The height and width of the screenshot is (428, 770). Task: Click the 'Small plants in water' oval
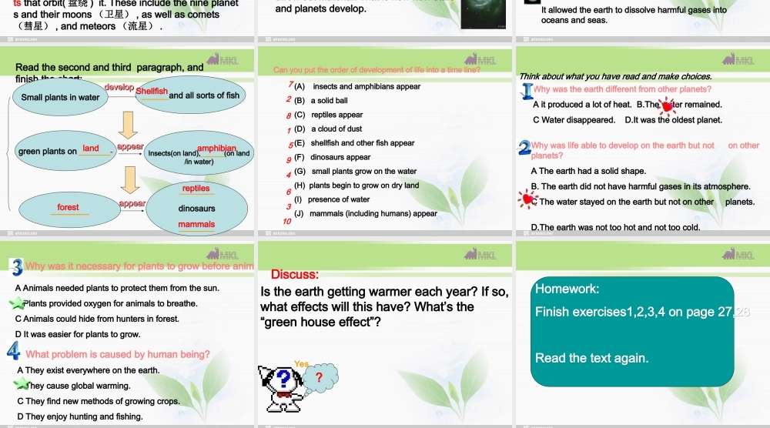(60, 98)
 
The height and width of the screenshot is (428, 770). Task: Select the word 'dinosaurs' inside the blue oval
(196, 209)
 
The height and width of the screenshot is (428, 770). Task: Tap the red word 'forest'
(68, 207)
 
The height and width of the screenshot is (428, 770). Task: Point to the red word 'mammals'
(196, 225)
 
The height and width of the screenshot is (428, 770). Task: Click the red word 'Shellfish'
(152, 92)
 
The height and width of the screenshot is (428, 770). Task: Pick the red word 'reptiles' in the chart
(196, 189)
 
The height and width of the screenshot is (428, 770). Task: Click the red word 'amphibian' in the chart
(216, 149)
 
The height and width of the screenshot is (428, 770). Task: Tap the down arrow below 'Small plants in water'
(129, 123)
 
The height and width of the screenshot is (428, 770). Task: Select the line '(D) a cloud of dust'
(328, 129)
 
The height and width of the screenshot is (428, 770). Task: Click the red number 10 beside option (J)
(287, 221)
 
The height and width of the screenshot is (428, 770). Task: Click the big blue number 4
(14, 352)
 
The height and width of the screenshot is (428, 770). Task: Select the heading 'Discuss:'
(295, 275)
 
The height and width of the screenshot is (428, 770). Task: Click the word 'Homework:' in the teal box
(567, 289)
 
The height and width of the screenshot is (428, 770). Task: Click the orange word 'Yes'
(301, 364)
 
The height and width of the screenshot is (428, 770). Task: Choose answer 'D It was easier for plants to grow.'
(78, 334)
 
